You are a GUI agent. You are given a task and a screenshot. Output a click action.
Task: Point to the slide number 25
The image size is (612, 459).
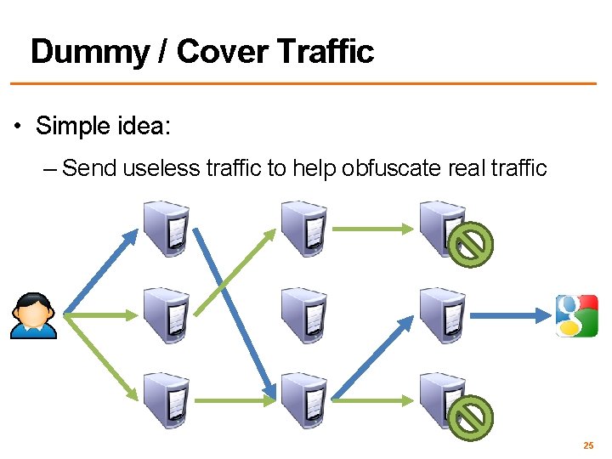click(x=587, y=445)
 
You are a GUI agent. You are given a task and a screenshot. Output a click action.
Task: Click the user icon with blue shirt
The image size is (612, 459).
click(x=33, y=315)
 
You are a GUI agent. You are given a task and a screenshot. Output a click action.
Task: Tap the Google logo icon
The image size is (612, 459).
click(x=576, y=315)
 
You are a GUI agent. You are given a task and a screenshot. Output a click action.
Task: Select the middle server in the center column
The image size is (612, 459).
click(x=303, y=315)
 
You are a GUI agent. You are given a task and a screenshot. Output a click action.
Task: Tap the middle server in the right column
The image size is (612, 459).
click(x=442, y=315)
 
